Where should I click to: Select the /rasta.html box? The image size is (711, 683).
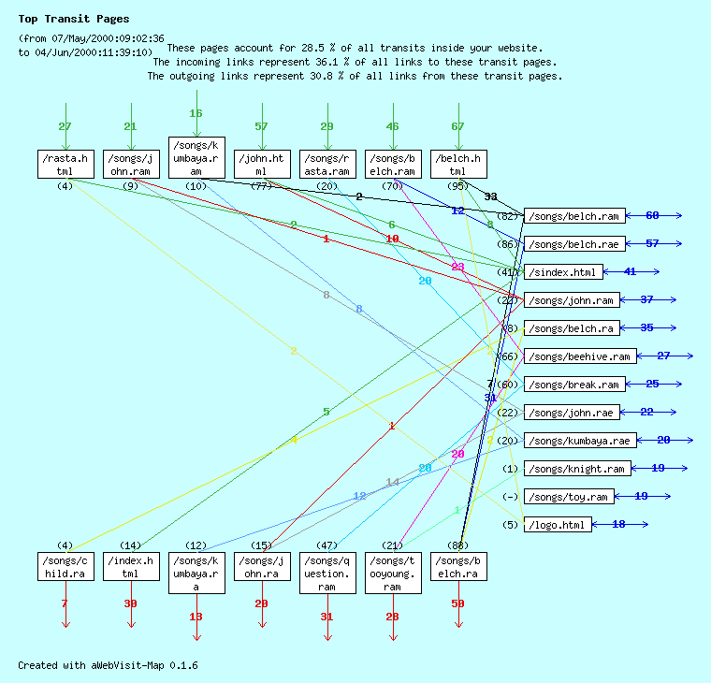point(65,164)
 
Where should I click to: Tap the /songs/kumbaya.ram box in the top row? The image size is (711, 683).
point(196,157)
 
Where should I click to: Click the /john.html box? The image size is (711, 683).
point(262,164)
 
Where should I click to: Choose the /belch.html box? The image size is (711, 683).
point(458,164)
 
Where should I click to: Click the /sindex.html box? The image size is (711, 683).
point(562,272)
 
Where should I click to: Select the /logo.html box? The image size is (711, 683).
point(558,525)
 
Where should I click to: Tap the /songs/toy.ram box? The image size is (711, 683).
point(569,497)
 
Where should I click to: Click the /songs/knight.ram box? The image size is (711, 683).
point(576,469)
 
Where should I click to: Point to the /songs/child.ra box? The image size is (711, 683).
point(65,566)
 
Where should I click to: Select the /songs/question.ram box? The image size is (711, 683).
point(327,573)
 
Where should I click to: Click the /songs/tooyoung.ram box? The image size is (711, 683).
point(393,573)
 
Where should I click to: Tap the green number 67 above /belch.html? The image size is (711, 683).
point(457,126)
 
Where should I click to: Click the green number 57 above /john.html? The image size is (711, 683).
point(261,126)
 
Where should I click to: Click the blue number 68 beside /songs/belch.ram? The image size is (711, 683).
point(652,216)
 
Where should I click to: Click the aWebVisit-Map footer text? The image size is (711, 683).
point(108,665)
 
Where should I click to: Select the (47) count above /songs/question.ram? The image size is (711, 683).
point(327,545)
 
